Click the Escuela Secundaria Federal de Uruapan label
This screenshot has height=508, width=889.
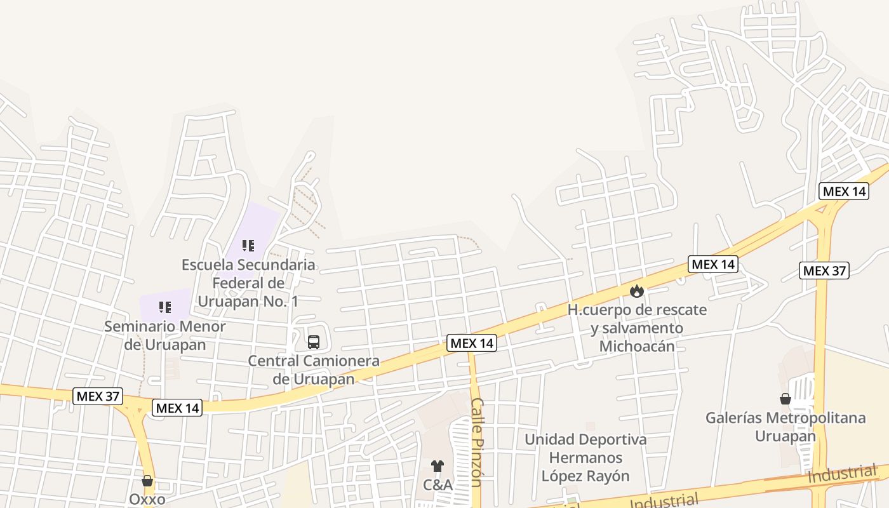(x=248, y=283)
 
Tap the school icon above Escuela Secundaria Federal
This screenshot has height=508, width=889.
(x=248, y=245)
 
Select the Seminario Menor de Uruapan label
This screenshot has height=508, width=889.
(x=165, y=335)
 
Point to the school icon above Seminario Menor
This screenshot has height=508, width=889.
(x=165, y=307)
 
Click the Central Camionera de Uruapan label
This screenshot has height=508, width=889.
(x=314, y=370)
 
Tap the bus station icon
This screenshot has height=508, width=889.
(x=314, y=342)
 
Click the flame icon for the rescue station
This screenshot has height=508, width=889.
(x=637, y=291)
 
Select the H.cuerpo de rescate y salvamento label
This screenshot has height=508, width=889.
(x=637, y=328)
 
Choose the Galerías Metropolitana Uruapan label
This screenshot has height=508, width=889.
(x=785, y=427)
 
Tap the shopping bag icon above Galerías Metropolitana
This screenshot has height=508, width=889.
(x=785, y=399)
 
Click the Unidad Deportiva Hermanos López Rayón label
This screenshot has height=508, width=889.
(x=585, y=457)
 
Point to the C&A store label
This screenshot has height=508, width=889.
(x=438, y=485)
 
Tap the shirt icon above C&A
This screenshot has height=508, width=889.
(x=438, y=466)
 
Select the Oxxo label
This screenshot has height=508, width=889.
(x=147, y=499)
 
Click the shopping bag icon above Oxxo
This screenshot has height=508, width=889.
(x=147, y=481)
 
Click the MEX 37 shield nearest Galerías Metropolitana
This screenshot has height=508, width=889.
(x=824, y=271)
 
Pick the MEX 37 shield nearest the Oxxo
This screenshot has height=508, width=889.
(x=97, y=396)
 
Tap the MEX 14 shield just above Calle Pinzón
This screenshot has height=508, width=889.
(x=472, y=343)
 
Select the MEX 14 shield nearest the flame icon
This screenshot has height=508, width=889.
(x=713, y=264)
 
